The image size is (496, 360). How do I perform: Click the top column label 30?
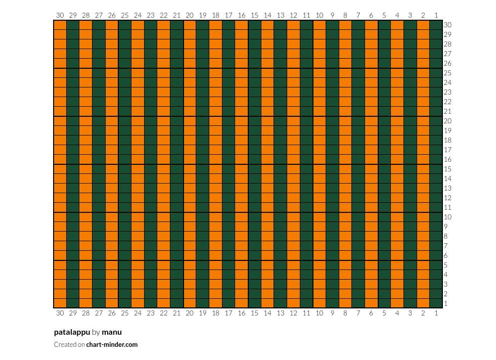click(x=60, y=15)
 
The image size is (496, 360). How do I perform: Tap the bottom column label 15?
click(x=254, y=313)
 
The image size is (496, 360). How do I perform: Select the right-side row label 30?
click(x=447, y=25)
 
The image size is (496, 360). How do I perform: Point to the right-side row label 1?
click(x=446, y=304)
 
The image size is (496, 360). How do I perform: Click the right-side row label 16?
click(x=447, y=159)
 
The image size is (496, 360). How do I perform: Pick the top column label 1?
click(x=436, y=15)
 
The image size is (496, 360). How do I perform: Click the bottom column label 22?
click(x=163, y=313)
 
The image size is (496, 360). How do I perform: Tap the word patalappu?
click(x=72, y=333)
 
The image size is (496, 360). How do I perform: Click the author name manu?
click(x=112, y=333)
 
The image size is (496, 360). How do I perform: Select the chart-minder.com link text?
click(x=112, y=344)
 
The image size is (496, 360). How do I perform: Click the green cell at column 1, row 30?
click(x=436, y=25)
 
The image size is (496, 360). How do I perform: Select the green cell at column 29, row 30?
click(x=73, y=25)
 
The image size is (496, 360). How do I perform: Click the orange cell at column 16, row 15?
click(x=241, y=169)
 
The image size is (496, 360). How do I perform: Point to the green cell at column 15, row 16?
click(x=254, y=159)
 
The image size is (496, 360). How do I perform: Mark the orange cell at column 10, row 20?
click(x=320, y=121)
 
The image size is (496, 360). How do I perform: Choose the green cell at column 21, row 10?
click(x=176, y=217)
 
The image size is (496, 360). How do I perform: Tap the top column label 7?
click(x=358, y=15)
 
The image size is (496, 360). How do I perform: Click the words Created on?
click(x=69, y=344)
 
